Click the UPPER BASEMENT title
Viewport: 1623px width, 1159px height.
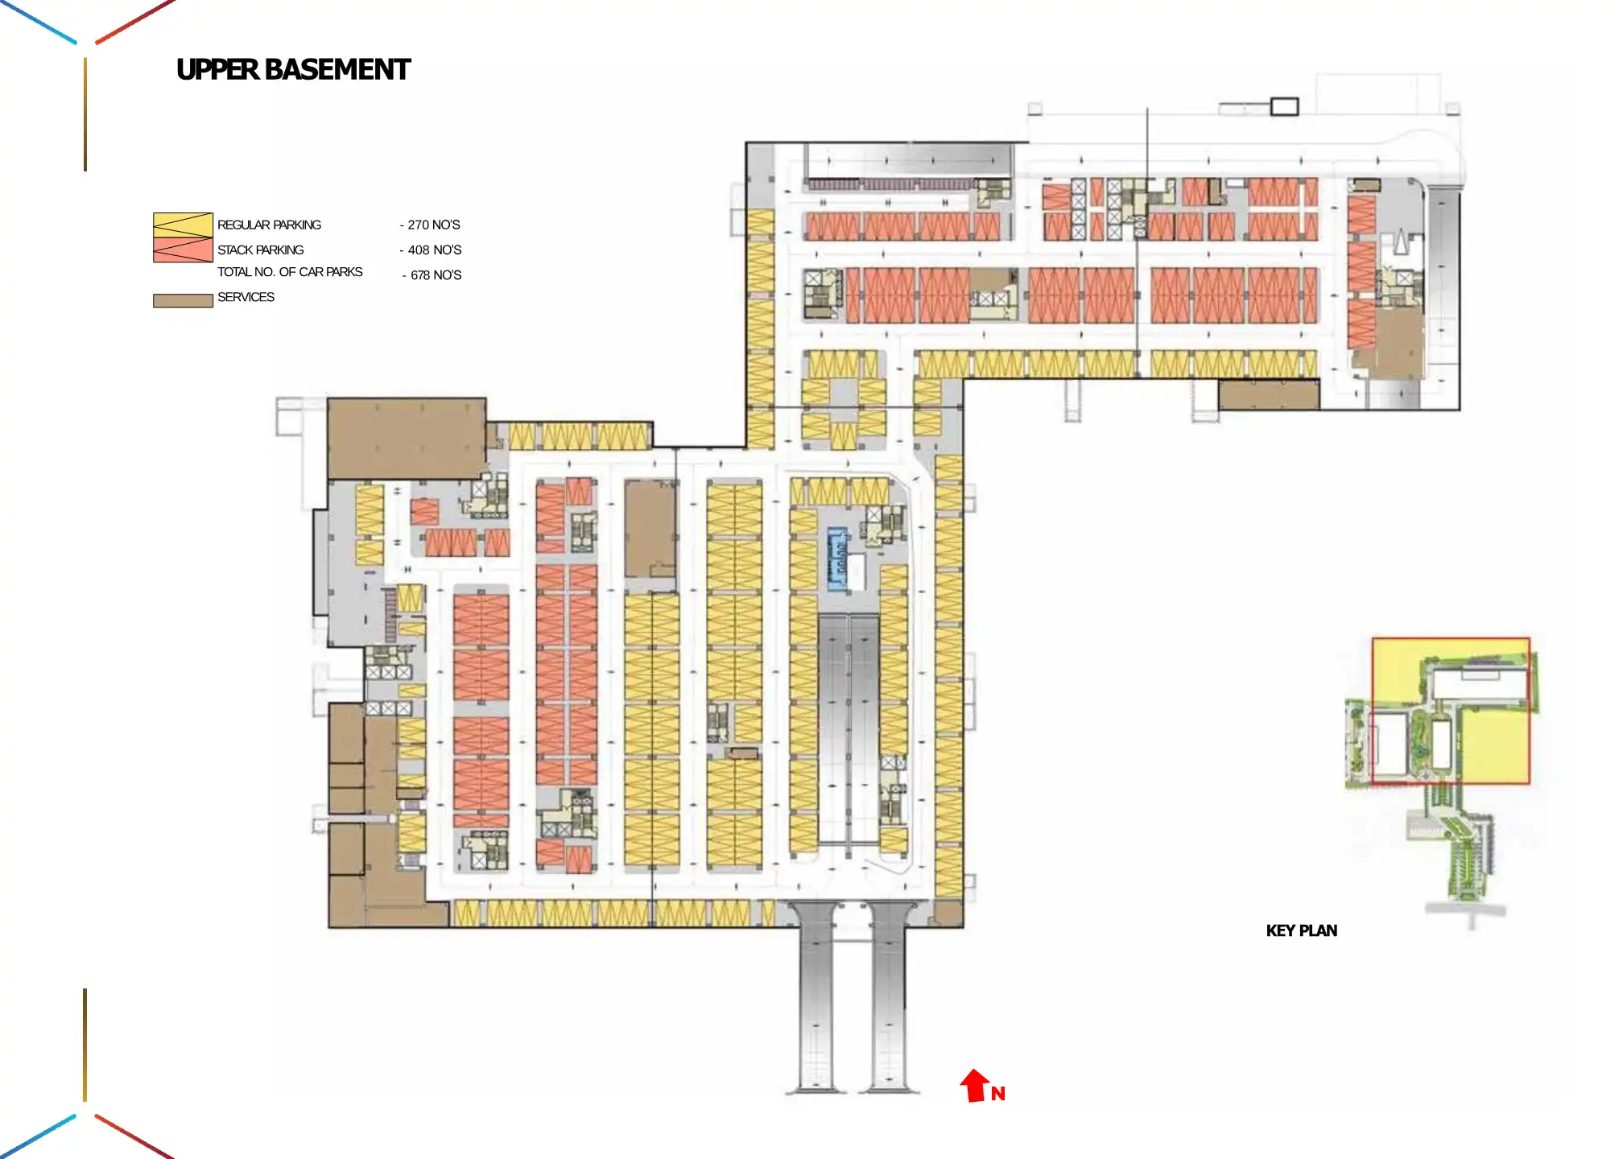click(x=293, y=70)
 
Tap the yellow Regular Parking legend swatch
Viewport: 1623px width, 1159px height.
click(x=183, y=225)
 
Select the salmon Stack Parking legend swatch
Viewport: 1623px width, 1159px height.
click(x=183, y=250)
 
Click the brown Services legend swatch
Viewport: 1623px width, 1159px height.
click(x=183, y=300)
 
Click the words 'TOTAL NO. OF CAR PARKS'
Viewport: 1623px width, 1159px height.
click(x=290, y=272)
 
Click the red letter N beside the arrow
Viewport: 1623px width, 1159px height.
click(x=998, y=1093)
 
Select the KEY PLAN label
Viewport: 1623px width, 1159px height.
click(x=1301, y=930)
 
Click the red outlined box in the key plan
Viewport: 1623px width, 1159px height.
click(x=1450, y=710)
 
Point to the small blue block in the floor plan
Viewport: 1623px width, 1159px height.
click(x=837, y=559)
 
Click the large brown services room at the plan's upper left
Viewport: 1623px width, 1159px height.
click(x=406, y=438)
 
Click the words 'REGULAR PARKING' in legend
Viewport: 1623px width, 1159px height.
click(x=269, y=225)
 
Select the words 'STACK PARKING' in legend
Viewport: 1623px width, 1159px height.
click(x=260, y=250)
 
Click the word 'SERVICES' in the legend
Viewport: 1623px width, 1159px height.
click(x=246, y=297)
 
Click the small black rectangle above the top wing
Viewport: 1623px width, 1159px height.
click(x=1284, y=106)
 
